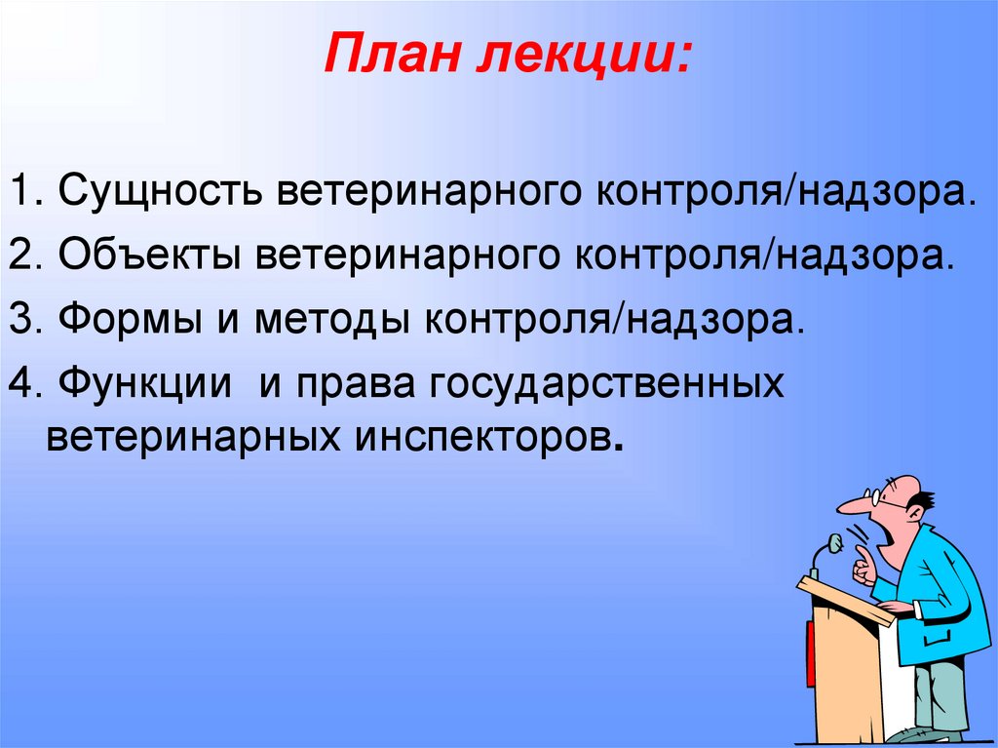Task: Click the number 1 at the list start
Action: [x=23, y=190]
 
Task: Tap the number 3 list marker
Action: [x=23, y=319]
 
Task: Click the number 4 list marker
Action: [x=23, y=382]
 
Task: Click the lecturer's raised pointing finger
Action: [x=863, y=554]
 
